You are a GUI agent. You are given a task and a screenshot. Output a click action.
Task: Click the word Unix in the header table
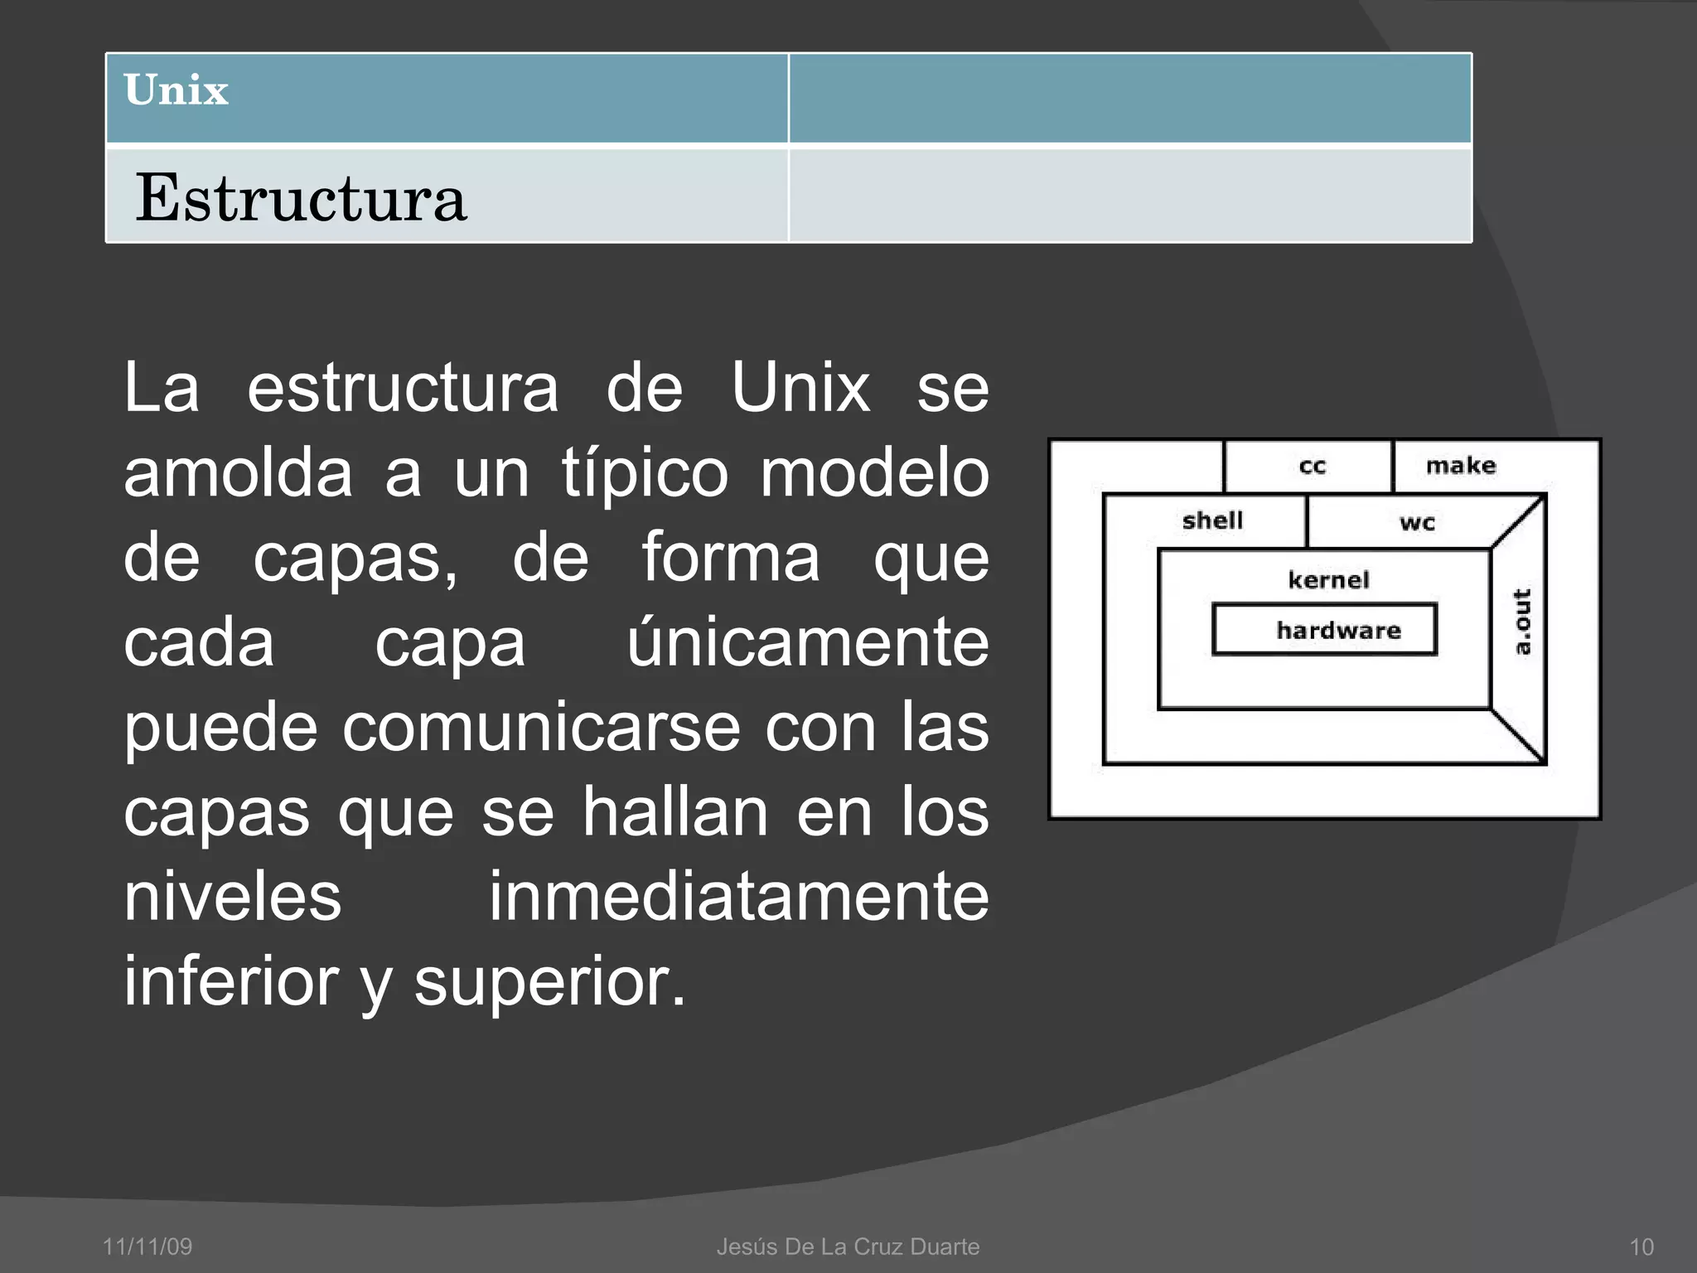pyautogui.click(x=176, y=90)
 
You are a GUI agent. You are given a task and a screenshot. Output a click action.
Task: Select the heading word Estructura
pyautogui.click(x=301, y=198)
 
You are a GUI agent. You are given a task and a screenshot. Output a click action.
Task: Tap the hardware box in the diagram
pyautogui.click(x=1324, y=630)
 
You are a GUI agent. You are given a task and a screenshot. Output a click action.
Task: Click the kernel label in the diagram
pyautogui.click(x=1328, y=579)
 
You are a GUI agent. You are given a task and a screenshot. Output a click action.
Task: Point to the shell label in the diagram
pyautogui.click(x=1212, y=520)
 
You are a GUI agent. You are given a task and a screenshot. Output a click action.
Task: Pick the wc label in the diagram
pyautogui.click(x=1417, y=523)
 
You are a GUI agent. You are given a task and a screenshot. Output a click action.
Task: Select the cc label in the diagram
pyautogui.click(x=1313, y=466)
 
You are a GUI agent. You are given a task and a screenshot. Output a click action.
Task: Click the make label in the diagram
pyautogui.click(x=1461, y=465)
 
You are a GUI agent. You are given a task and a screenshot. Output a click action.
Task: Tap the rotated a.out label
pyautogui.click(x=1522, y=622)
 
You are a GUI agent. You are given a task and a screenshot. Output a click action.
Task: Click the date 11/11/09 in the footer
pyautogui.click(x=147, y=1246)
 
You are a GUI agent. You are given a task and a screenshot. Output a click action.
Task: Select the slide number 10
pyautogui.click(x=1641, y=1246)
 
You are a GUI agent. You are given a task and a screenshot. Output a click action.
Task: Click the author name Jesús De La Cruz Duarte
pyautogui.click(x=848, y=1246)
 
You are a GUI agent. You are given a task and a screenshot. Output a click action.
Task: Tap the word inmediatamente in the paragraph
pyautogui.click(x=738, y=897)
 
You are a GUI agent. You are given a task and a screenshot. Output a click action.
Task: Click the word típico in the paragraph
pyautogui.click(x=645, y=473)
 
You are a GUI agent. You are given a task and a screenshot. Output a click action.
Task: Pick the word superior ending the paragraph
pyautogui.click(x=549, y=982)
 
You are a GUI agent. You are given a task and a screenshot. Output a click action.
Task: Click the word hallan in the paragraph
pyautogui.click(x=675, y=812)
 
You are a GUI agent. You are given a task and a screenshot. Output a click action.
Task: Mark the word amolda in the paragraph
pyautogui.click(x=238, y=473)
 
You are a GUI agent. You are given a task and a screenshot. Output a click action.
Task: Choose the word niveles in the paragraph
pyautogui.click(x=233, y=897)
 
